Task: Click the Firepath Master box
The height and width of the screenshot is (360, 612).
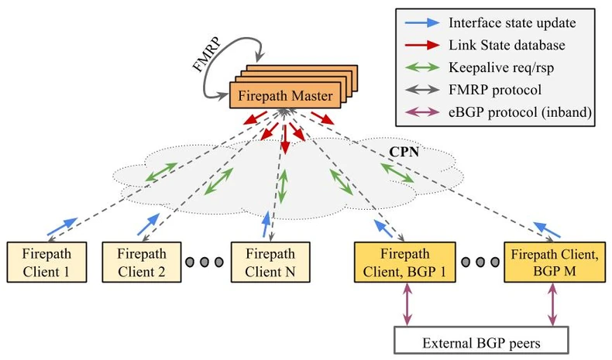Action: (x=284, y=98)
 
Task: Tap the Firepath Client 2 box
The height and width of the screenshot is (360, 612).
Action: (x=141, y=262)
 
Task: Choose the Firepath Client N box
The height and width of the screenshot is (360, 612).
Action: (x=270, y=262)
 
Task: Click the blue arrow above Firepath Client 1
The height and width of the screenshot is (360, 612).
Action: (x=61, y=225)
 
